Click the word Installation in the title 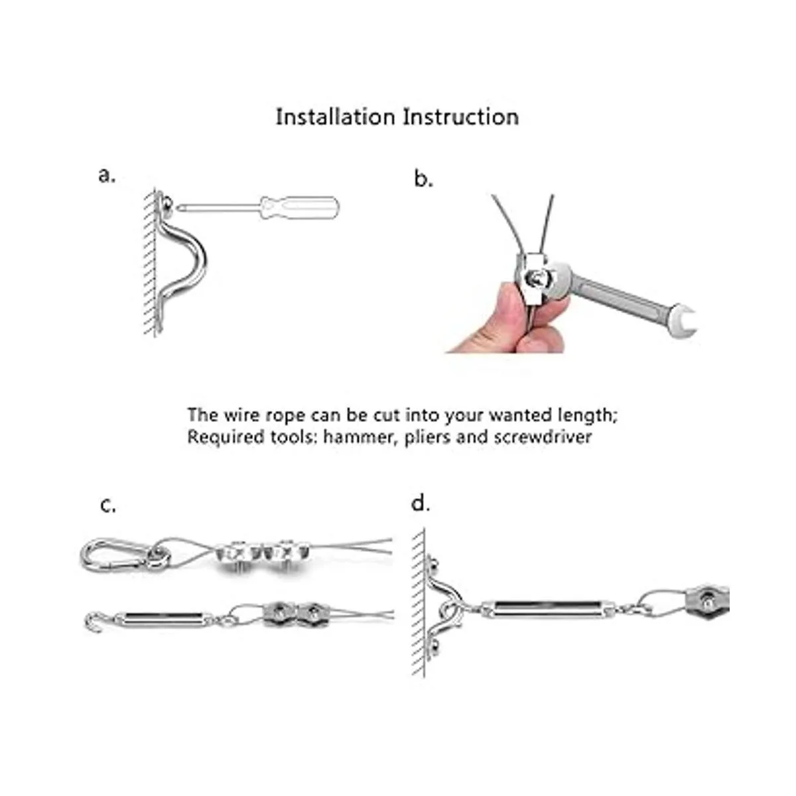click(335, 117)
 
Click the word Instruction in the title click(461, 117)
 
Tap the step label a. click(107, 176)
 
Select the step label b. click(423, 179)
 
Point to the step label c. click(108, 505)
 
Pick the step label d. click(421, 503)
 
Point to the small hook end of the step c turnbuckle click(92, 622)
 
